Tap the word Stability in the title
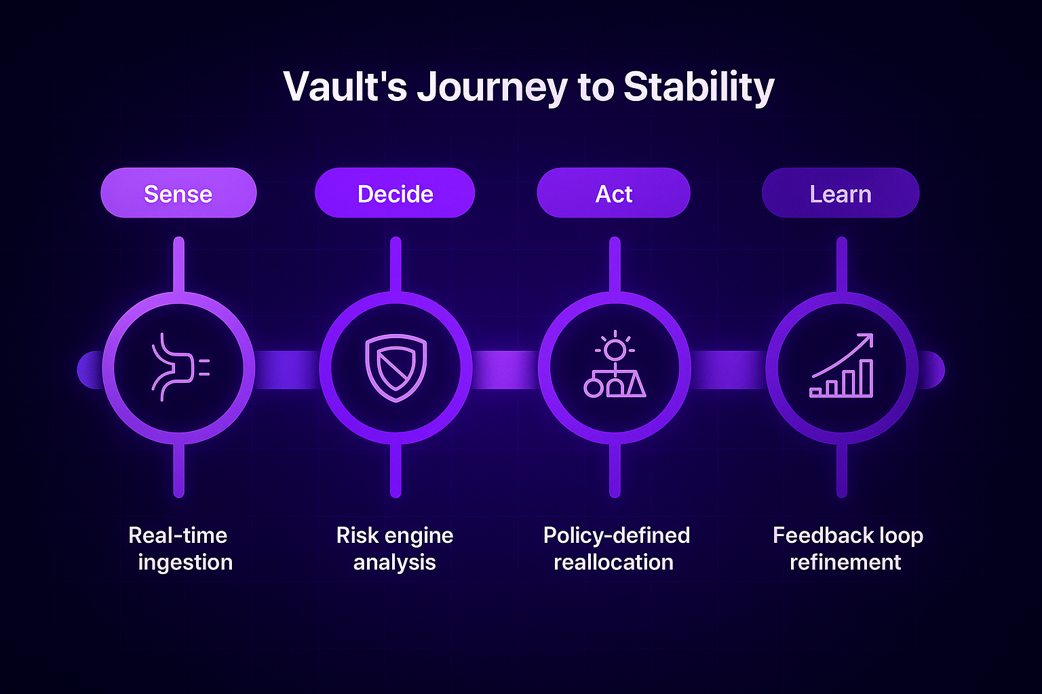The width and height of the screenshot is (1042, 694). (699, 87)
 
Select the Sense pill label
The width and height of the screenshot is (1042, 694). (178, 194)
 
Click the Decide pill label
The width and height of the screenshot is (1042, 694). (395, 194)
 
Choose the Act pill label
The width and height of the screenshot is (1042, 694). (613, 194)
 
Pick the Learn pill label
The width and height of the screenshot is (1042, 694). (841, 194)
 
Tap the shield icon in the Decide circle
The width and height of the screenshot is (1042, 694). (395, 367)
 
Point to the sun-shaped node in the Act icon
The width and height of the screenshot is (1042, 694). (615, 350)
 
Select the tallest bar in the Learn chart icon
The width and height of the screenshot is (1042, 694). (866, 377)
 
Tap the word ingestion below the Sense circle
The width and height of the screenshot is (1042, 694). (185, 563)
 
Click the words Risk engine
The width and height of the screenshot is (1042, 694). (395, 535)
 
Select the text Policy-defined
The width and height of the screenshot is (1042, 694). (616, 535)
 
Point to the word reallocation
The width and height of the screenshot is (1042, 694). (613, 563)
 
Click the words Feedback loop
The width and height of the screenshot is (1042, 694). (848, 535)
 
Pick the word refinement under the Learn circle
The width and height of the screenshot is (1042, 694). (845, 563)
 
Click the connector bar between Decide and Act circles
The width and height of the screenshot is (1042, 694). (505, 369)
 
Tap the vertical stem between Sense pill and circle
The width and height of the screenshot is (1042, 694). (179, 265)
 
